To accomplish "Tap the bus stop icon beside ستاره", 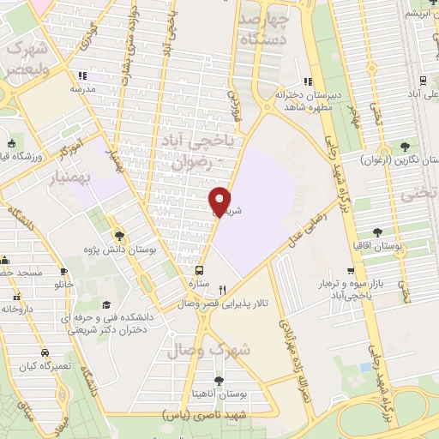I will pyautogui.click(x=200, y=267).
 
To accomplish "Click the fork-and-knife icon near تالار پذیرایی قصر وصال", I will pyautogui.click(x=223, y=290).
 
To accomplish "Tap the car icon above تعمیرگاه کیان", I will pyautogui.click(x=43, y=352).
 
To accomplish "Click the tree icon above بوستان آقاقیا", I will pyautogui.click(x=377, y=231).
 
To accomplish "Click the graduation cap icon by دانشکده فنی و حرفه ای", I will pyautogui.click(x=106, y=304).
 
